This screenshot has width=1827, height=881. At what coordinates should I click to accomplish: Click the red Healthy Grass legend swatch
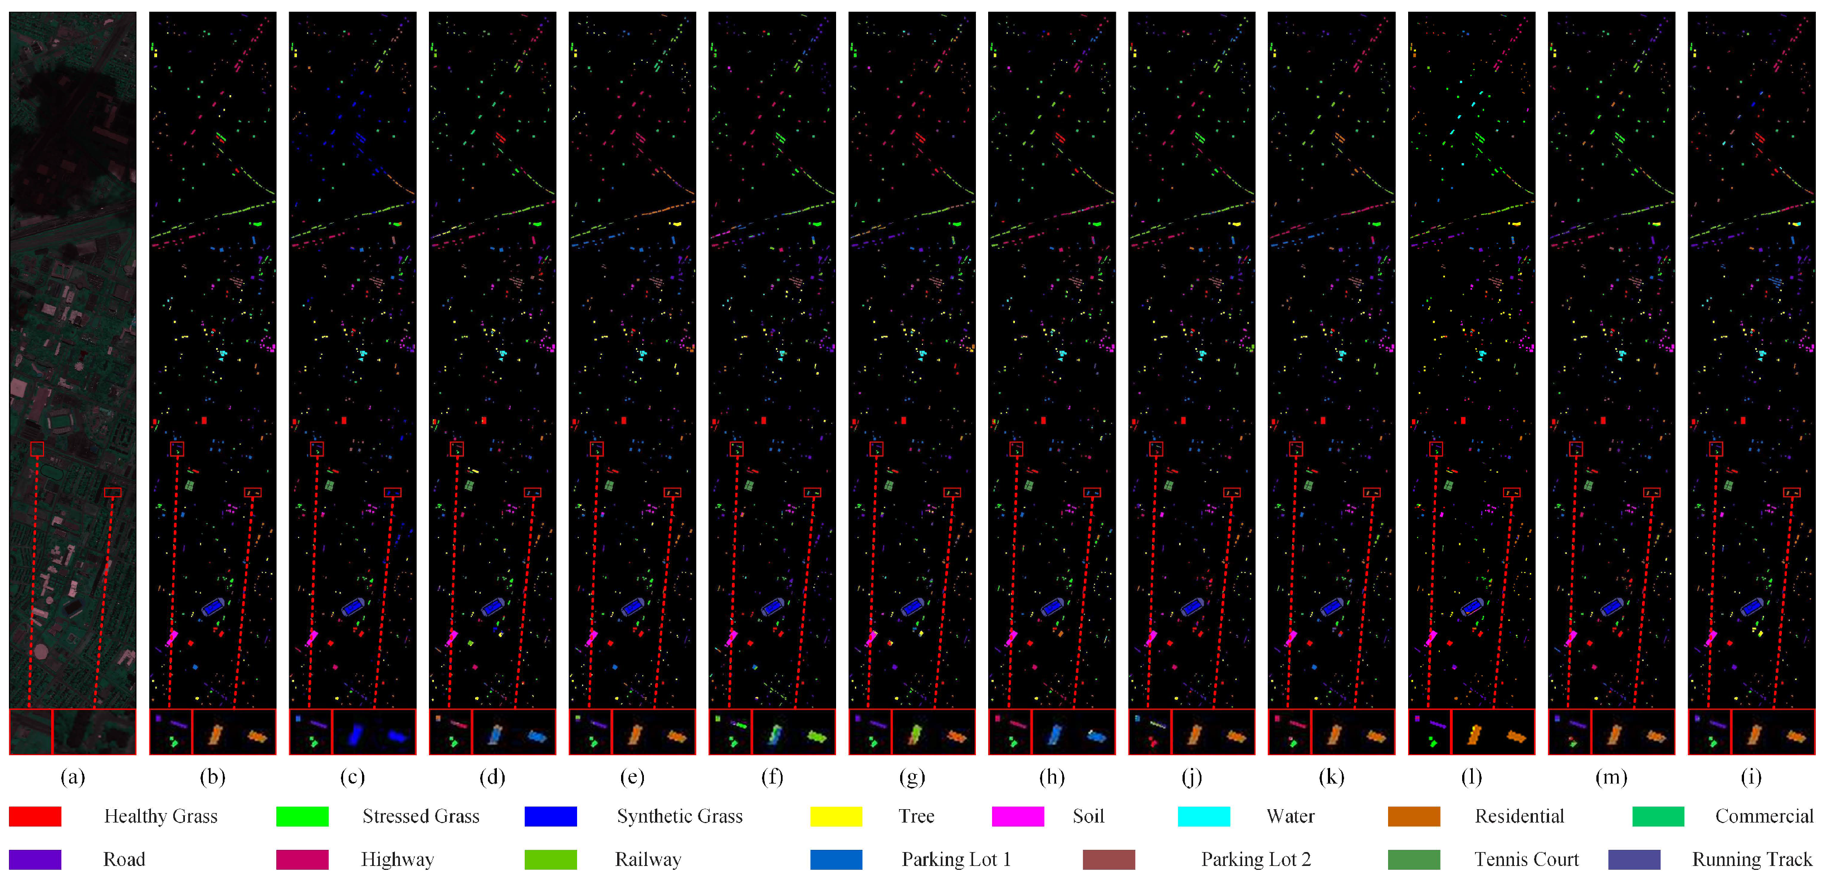(x=35, y=816)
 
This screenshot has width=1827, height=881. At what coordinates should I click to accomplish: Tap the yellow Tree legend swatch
(x=836, y=816)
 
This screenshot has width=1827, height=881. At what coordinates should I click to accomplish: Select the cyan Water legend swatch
(x=1204, y=816)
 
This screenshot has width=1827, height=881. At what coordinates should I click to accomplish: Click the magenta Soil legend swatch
(x=1018, y=816)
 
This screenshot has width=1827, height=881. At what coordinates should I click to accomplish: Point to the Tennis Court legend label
(x=1526, y=859)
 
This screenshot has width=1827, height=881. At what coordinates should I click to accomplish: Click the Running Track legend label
(x=1751, y=859)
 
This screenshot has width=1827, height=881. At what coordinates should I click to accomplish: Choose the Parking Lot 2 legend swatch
(x=1108, y=859)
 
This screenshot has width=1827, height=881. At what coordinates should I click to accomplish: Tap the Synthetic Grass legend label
(x=680, y=816)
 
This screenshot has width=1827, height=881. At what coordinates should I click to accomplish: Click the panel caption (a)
(x=72, y=777)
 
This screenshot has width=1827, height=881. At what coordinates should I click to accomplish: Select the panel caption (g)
(x=911, y=777)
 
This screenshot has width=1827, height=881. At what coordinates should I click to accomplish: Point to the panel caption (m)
(x=1611, y=777)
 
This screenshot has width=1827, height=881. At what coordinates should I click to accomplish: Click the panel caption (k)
(x=1331, y=777)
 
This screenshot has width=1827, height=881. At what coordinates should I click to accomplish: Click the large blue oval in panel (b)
(x=213, y=607)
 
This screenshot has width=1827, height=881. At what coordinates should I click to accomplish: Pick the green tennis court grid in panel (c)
(x=329, y=486)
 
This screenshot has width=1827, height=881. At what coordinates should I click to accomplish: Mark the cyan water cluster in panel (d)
(x=504, y=353)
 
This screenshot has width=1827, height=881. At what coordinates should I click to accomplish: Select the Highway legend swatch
(x=302, y=859)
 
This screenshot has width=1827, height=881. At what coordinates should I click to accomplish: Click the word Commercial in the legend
(x=1764, y=816)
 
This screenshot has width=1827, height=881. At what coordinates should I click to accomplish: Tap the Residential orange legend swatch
(x=1414, y=816)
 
